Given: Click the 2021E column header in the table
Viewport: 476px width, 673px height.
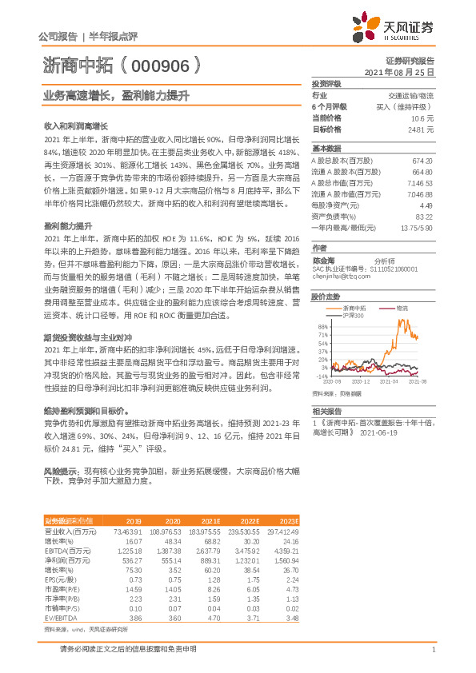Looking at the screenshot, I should coord(211,520).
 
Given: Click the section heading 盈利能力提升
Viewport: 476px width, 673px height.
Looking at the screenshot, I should coord(66,227).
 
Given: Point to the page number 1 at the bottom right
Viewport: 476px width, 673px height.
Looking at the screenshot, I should coord(432,650).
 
